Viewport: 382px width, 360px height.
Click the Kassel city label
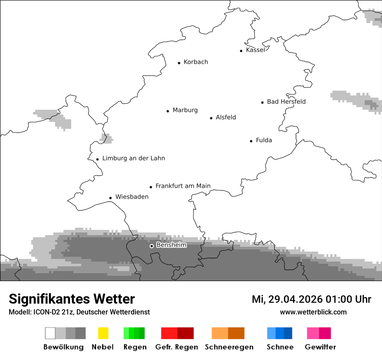255,50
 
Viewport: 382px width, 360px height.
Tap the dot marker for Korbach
179,63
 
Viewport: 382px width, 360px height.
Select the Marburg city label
185,110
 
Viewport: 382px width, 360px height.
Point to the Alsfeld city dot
211,118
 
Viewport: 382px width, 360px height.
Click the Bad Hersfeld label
286,101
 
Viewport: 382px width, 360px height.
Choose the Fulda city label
264,140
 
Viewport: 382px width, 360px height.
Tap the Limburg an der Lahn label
133,158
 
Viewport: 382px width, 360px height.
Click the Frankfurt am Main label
183,186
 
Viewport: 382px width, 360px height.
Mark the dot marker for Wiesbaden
111,198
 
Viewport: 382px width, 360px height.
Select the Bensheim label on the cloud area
171,245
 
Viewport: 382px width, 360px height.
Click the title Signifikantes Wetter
72,299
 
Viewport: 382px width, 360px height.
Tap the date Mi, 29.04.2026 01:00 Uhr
311,299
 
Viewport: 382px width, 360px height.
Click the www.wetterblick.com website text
313,312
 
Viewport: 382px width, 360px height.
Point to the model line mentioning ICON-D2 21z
79,312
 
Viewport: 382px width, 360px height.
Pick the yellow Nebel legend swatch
103,333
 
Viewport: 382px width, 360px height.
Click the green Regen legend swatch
134,333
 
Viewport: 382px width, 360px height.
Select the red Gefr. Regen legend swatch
177,333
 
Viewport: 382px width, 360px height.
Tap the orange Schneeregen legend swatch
228,333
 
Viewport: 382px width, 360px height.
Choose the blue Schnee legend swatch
280,333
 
